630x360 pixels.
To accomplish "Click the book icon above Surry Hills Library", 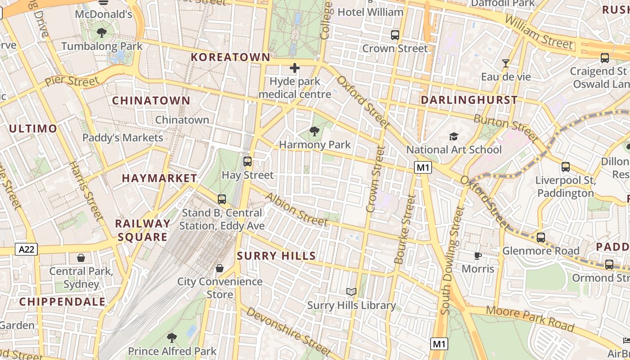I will (351, 292).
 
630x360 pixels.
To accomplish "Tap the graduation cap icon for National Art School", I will (454, 136).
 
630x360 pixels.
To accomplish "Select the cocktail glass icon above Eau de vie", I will (506, 63).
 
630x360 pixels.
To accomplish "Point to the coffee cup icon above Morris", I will (478, 256).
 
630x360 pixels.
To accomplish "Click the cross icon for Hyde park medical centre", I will (295, 68).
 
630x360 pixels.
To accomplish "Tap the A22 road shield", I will (26, 249).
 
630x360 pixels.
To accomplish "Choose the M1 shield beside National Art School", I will (423, 168).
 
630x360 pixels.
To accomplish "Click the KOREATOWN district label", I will (230, 57).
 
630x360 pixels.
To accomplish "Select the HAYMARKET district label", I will (159, 178).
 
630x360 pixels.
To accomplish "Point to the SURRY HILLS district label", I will (276, 256).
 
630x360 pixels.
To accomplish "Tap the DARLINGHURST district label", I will (469, 100).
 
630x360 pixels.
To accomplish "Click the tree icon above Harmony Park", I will (314, 131).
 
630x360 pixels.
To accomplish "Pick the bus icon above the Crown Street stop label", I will (395, 35).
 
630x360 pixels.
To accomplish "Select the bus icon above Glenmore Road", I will (541, 238).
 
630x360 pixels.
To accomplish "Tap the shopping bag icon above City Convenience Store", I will (220, 268).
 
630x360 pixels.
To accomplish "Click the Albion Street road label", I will (296, 209).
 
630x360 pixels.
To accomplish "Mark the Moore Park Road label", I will (530, 318).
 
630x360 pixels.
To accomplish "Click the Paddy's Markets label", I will (122, 138).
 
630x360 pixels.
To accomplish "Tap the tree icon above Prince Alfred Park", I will (171, 337).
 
